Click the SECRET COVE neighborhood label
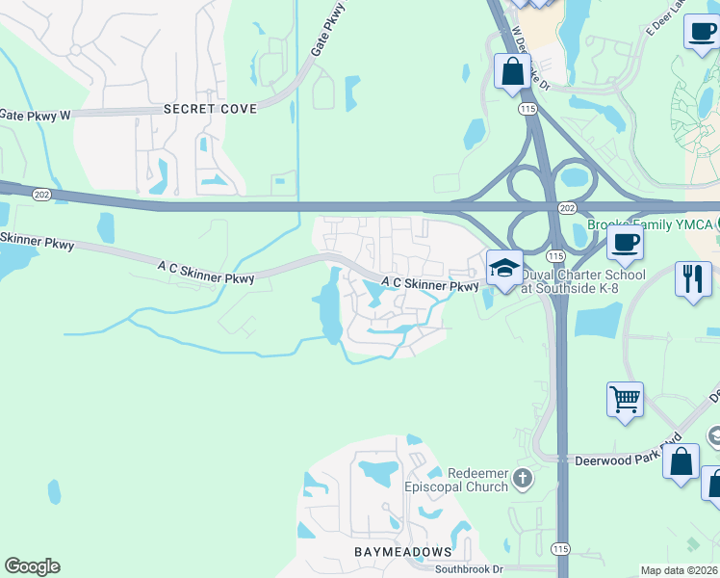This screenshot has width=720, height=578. click(x=210, y=109)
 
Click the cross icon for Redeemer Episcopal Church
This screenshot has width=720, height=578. click(x=522, y=478)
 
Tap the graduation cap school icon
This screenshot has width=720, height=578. click(x=503, y=269)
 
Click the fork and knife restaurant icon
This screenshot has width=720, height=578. click(x=692, y=279)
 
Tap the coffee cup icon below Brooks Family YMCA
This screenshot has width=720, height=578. click(x=625, y=243)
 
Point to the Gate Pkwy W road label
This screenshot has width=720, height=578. click(x=35, y=115)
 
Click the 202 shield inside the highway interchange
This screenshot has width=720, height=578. click(x=567, y=208)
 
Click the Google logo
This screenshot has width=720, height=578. click(x=33, y=566)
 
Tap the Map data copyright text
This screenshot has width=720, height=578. click(x=680, y=570)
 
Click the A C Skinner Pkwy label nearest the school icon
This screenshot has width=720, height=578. click(x=429, y=285)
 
